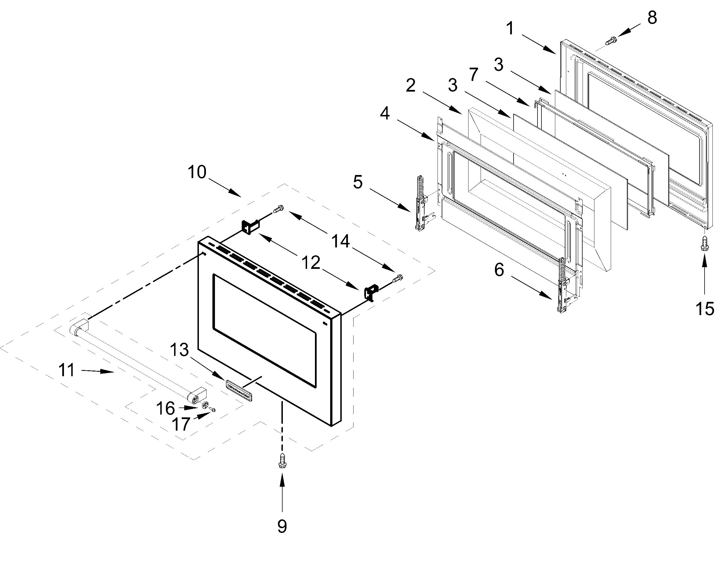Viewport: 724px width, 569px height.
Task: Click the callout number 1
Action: (510, 29)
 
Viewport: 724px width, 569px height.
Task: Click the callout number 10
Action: (197, 172)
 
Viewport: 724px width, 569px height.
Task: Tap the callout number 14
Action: (340, 241)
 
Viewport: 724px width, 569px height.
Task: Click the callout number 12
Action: (311, 263)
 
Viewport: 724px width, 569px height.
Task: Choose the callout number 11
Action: (66, 370)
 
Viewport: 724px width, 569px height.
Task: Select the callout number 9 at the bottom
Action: (282, 526)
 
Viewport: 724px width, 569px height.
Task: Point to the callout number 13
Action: (179, 350)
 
